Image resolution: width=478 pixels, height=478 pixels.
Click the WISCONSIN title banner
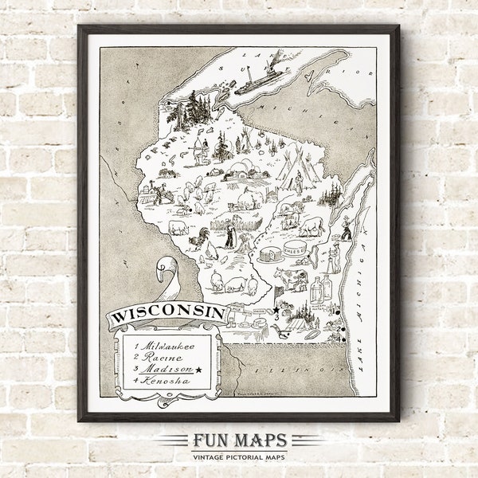point(167,312)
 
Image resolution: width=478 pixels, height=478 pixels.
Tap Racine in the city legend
point(159,358)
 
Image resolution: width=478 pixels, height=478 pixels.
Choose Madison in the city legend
point(163,370)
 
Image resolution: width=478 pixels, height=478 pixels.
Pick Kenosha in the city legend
point(163,382)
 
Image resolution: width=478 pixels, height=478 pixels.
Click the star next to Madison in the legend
point(199,370)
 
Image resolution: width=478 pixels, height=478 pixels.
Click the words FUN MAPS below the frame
point(239,441)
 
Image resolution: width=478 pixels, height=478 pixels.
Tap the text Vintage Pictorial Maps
point(239,456)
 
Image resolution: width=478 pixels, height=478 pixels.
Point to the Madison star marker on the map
point(276,309)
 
